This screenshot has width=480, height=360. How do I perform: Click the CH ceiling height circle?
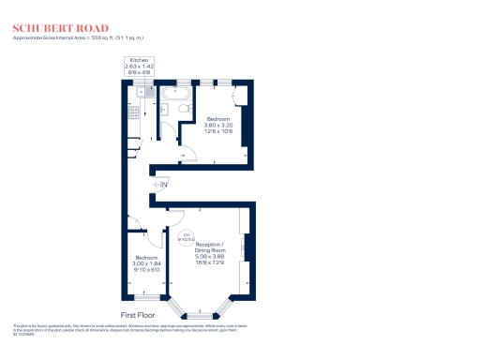(186, 237)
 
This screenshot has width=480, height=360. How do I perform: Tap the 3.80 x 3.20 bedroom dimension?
(218, 126)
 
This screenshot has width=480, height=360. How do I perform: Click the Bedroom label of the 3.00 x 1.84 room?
(145, 257)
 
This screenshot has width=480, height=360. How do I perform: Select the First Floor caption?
(138, 315)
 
